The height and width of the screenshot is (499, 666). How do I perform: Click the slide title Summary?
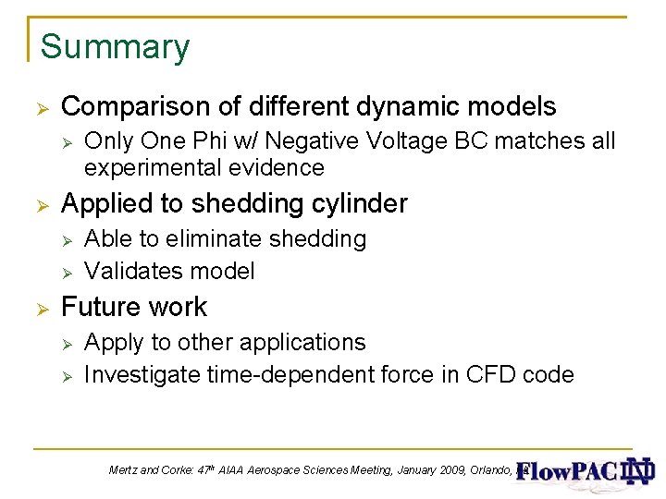tap(115, 46)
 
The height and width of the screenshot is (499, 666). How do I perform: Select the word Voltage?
tap(426, 142)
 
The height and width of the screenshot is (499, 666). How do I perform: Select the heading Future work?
tap(134, 307)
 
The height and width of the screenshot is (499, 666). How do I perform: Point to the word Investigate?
tap(142, 374)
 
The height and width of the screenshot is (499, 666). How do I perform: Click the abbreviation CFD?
tap(487, 374)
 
